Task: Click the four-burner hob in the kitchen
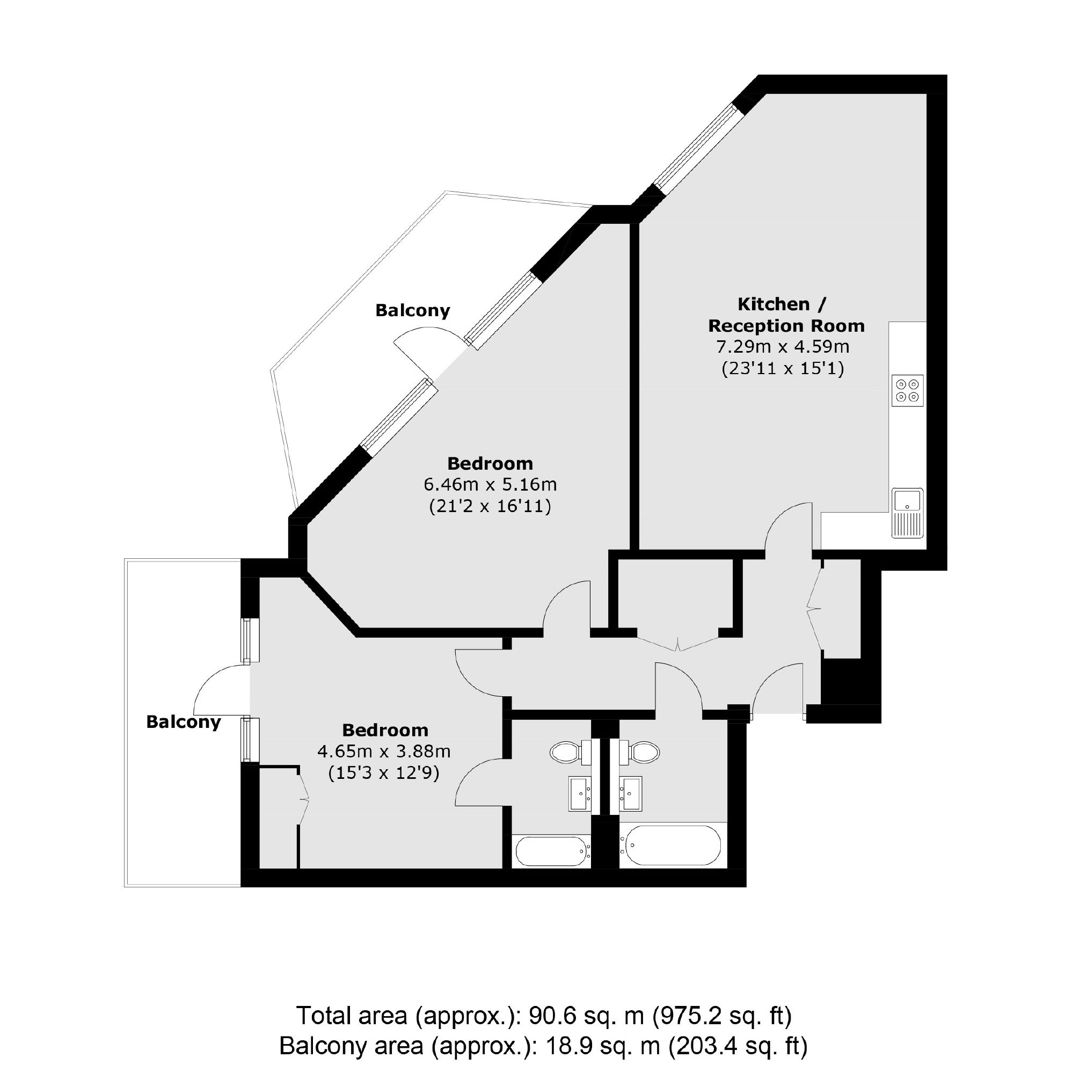tap(908, 390)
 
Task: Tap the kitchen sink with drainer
tap(907, 512)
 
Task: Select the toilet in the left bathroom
tap(574, 752)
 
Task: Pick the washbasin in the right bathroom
tap(631, 794)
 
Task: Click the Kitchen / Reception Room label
tap(786, 315)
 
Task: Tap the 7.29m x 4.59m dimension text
tap(783, 347)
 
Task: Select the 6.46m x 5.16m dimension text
tap(490, 484)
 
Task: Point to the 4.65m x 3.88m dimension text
tap(384, 751)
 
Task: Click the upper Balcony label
tap(412, 311)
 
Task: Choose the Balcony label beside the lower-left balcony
tap(184, 722)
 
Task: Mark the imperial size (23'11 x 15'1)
tap(783, 369)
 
